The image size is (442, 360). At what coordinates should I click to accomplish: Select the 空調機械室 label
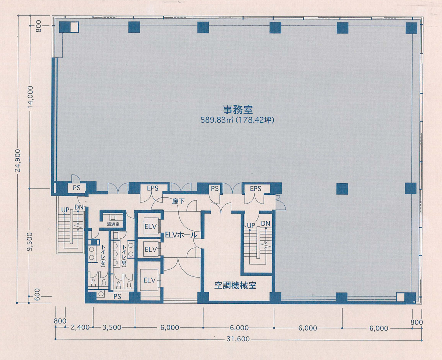[x=235, y=285]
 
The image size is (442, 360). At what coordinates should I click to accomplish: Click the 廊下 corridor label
[x=178, y=201]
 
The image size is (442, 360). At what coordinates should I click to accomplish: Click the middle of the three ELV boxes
[x=150, y=249]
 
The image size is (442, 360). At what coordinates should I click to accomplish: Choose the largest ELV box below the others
[x=150, y=280]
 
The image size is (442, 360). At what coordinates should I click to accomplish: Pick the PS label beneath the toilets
[x=117, y=296]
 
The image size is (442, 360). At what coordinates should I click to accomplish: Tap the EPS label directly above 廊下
[x=152, y=188]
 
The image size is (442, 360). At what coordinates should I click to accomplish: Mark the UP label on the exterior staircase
[x=65, y=209]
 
